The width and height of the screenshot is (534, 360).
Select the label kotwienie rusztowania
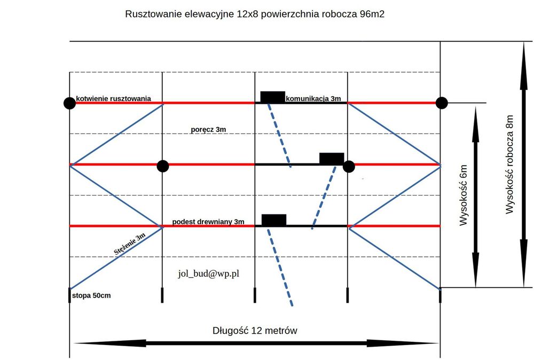tap(113, 98)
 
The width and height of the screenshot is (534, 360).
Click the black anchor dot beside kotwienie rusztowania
tap(69, 103)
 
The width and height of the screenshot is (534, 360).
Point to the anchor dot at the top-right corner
tap(441, 102)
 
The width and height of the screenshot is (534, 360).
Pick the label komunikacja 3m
tap(313, 98)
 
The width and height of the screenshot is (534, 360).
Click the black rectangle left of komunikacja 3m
tap(272, 97)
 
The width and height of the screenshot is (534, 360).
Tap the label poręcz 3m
tap(209, 130)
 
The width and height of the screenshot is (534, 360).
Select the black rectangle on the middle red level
tap(332, 158)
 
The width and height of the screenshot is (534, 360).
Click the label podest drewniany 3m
tap(208, 222)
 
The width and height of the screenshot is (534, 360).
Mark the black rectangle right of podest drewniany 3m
tap(274, 220)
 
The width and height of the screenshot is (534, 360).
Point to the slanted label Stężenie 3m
tap(130, 244)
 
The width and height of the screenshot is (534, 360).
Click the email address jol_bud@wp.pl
tap(208, 273)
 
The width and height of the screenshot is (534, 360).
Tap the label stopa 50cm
tap(91, 295)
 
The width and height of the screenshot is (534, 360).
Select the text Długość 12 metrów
tap(255, 331)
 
